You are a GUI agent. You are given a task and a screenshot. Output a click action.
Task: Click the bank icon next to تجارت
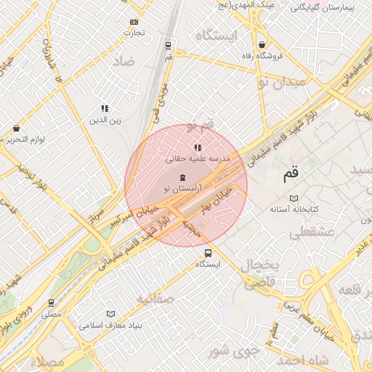pyautogui.click(x=133, y=22)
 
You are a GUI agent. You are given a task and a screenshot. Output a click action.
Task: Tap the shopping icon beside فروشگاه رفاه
pyautogui.click(x=261, y=45)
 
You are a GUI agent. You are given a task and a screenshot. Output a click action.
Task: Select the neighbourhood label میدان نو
pyautogui.click(x=281, y=82)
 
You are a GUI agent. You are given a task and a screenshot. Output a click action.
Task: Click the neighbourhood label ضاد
pyautogui.click(x=123, y=61)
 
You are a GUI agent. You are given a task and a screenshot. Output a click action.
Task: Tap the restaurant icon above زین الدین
pyautogui.click(x=105, y=108)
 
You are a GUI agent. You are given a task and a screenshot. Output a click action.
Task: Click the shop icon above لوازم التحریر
pyautogui.click(x=16, y=129)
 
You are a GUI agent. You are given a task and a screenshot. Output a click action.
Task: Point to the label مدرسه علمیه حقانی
pyautogui.click(x=198, y=158)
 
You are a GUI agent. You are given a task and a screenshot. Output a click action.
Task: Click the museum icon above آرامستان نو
pyautogui.click(x=182, y=178)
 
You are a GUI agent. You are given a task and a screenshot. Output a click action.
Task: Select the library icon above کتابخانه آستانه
pyautogui.click(x=294, y=198)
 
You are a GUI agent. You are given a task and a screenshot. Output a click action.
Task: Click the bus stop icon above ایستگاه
pyautogui.click(x=209, y=254)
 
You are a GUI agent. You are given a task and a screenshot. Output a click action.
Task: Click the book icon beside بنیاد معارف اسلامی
pyautogui.click(x=110, y=314)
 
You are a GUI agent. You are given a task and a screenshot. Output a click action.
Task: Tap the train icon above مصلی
pyautogui.click(x=51, y=303)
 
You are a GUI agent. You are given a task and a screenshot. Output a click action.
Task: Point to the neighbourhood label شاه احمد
pyautogui.click(x=303, y=360)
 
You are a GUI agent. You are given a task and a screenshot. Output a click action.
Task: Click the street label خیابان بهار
pyautogui.click(x=219, y=197)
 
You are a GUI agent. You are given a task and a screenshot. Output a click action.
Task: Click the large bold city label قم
pyautogui.click(x=290, y=174)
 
